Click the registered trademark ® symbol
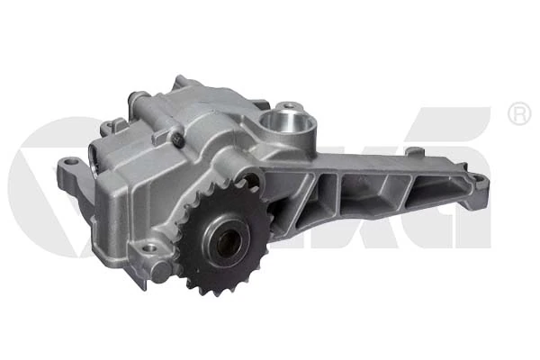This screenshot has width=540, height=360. tap(518, 115)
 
